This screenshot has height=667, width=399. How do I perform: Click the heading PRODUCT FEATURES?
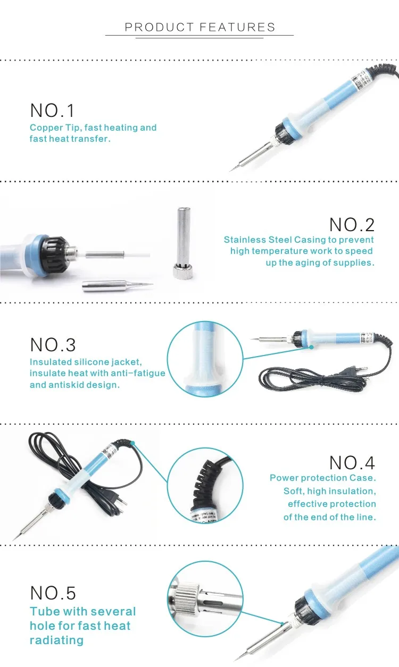(200, 28)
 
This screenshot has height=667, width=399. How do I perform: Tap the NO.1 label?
(53, 111)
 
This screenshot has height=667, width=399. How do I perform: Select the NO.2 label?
(352, 225)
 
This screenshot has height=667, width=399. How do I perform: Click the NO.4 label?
(352, 462)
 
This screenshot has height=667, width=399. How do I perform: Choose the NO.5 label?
(53, 593)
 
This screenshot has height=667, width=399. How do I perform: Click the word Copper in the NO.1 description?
(45, 128)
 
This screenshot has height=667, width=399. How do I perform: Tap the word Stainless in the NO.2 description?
(244, 240)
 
